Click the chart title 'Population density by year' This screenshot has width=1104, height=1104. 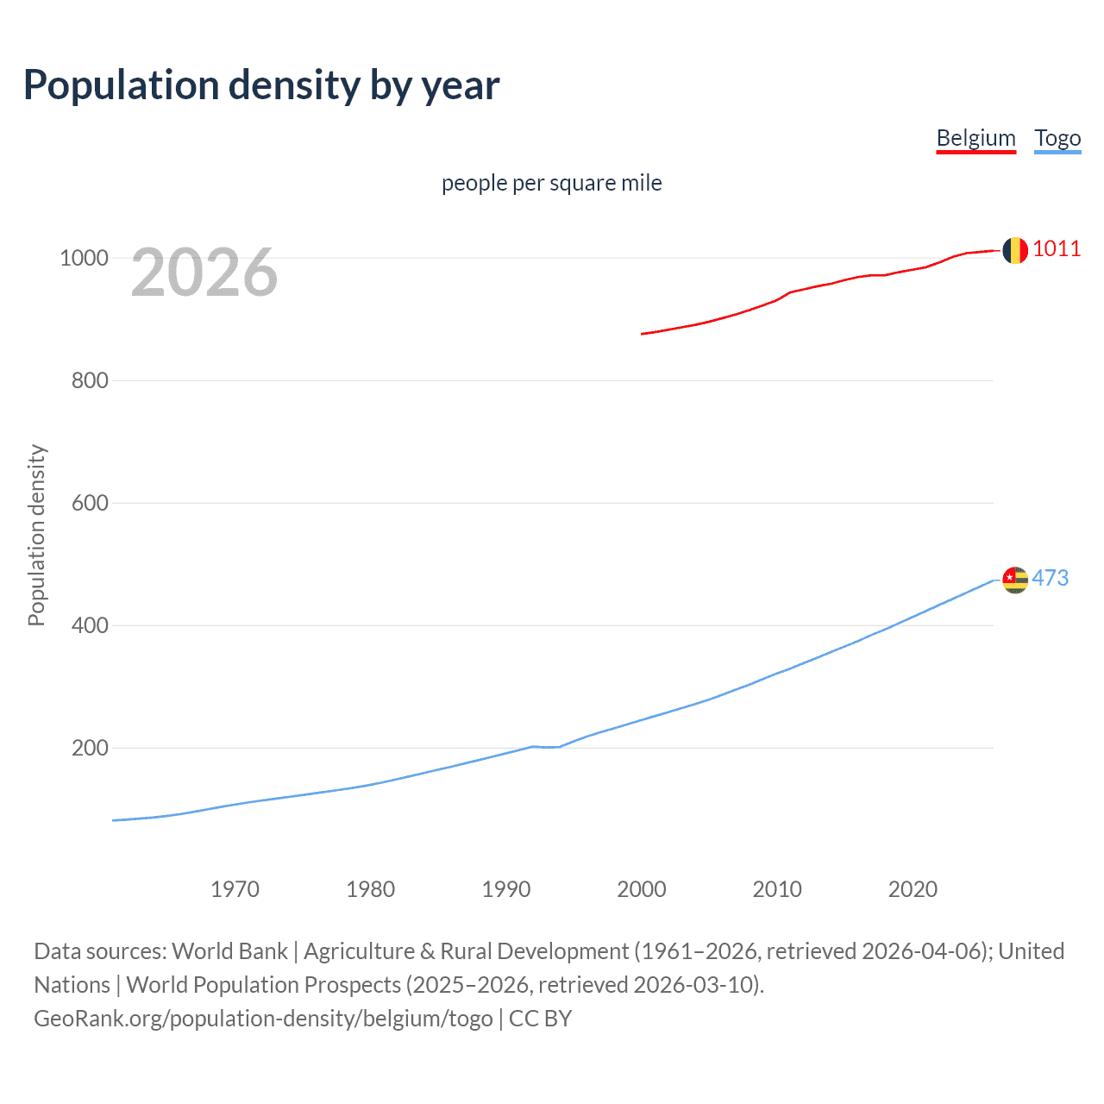(x=261, y=85)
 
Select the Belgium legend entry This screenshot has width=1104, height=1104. (x=975, y=138)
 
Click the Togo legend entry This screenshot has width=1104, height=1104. (x=1057, y=138)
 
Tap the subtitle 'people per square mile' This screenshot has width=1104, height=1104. (x=551, y=183)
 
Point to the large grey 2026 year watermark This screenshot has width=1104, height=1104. (x=204, y=273)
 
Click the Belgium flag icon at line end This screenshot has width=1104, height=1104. (x=1015, y=250)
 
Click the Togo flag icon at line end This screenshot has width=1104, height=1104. (x=1015, y=580)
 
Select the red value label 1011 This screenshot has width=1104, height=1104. (x=1056, y=248)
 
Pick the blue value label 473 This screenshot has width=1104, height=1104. (x=1050, y=578)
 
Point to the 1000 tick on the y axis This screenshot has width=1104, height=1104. (x=84, y=258)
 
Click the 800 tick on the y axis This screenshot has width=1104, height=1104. (x=90, y=380)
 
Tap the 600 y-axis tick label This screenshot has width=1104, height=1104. (x=90, y=503)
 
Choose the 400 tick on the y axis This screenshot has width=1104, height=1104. (x=90, y=625)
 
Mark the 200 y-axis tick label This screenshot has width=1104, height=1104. (x=90, y=748)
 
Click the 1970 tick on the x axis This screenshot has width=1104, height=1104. (x=235, y=889)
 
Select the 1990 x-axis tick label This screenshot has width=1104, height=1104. (x=506, y=889)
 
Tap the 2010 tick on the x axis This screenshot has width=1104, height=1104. (x=777, y=889)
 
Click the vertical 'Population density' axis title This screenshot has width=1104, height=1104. (x=36, y=535)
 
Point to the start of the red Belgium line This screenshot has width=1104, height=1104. (x=643, y=334)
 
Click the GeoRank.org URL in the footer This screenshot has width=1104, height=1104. (x=263, y=1019)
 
